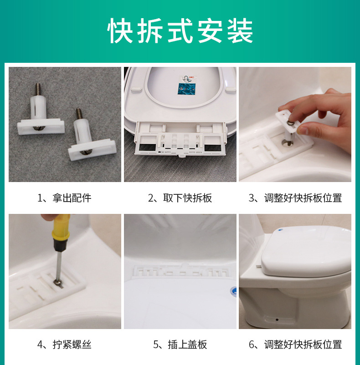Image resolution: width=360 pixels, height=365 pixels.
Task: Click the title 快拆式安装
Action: coord(180,31)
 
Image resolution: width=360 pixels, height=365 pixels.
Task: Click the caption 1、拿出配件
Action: coord(64,198)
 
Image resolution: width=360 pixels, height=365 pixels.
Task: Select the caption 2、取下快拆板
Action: coord(180,198)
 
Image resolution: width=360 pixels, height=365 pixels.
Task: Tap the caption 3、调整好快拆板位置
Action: coord(295,198)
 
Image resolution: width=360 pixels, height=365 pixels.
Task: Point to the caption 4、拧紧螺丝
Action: coord(64,345)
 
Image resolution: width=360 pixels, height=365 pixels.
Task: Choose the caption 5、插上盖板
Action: coord(180,345)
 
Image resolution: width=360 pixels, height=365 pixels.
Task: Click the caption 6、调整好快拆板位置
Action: coord(295,345)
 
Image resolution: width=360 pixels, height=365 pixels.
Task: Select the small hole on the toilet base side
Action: coord(277,319)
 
